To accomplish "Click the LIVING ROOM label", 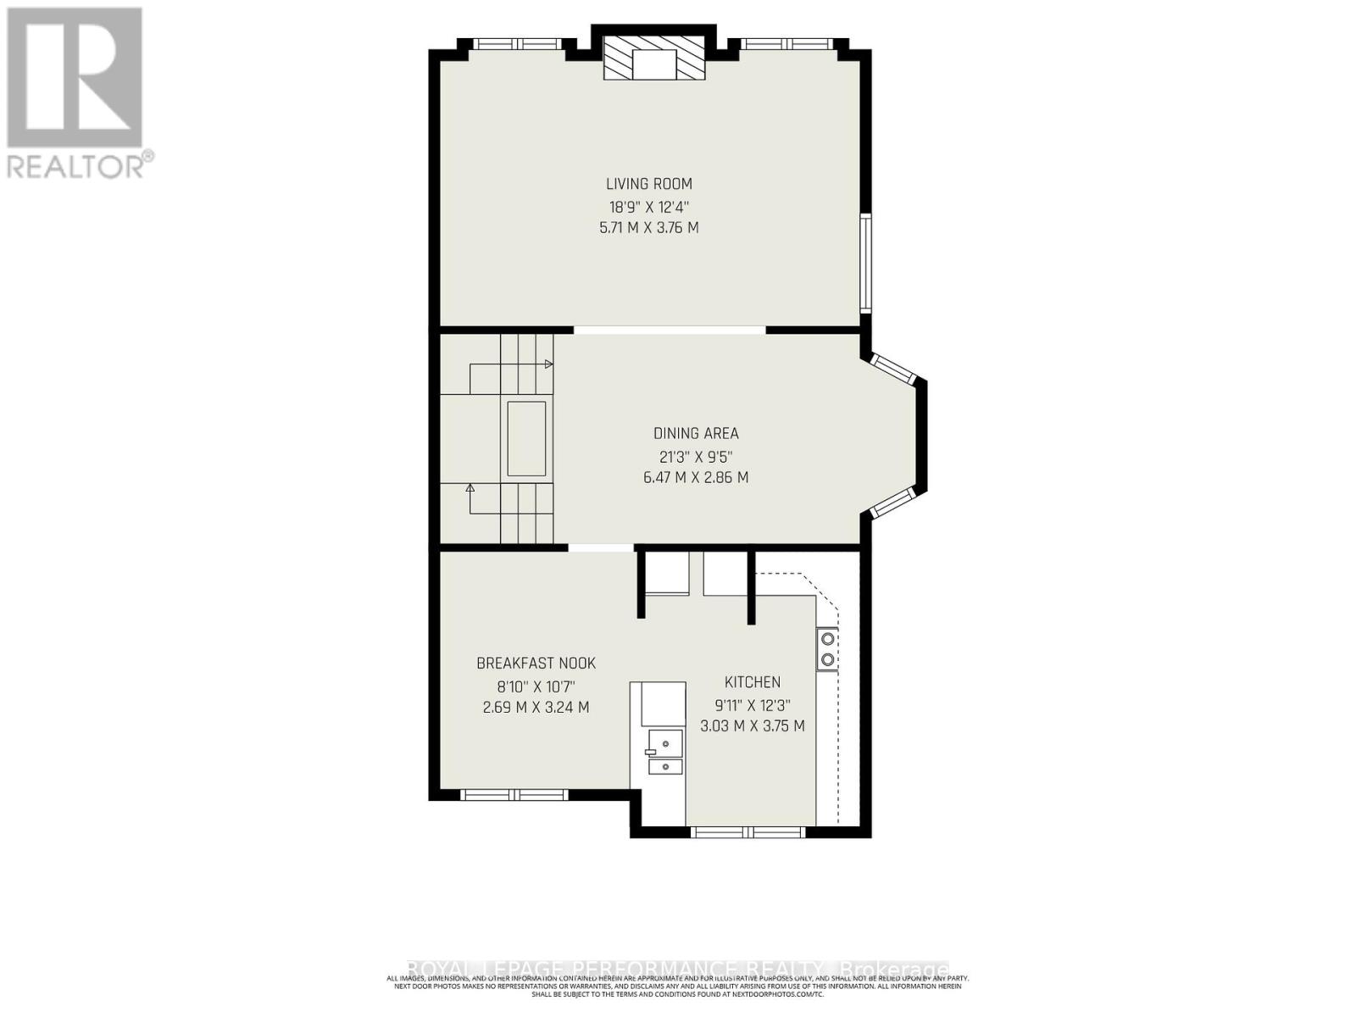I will [648, 184].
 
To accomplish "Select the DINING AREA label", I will [696, 433].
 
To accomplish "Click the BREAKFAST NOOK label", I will [536, 664].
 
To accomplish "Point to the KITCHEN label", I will [752, 682].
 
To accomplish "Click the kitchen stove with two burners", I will [827, 649].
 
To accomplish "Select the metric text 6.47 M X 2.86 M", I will [696, 477].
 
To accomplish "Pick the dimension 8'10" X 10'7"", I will [536, 686].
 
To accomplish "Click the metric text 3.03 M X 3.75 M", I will [752, 726].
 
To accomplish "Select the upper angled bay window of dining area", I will [892, 370].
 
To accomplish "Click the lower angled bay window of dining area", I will [892, 503].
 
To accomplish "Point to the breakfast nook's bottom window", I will [514, 795].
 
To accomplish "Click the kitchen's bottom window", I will [748, 832].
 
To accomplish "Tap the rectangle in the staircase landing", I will [526, 439].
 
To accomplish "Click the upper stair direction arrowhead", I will [548, 364].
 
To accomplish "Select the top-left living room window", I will [509, 45].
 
